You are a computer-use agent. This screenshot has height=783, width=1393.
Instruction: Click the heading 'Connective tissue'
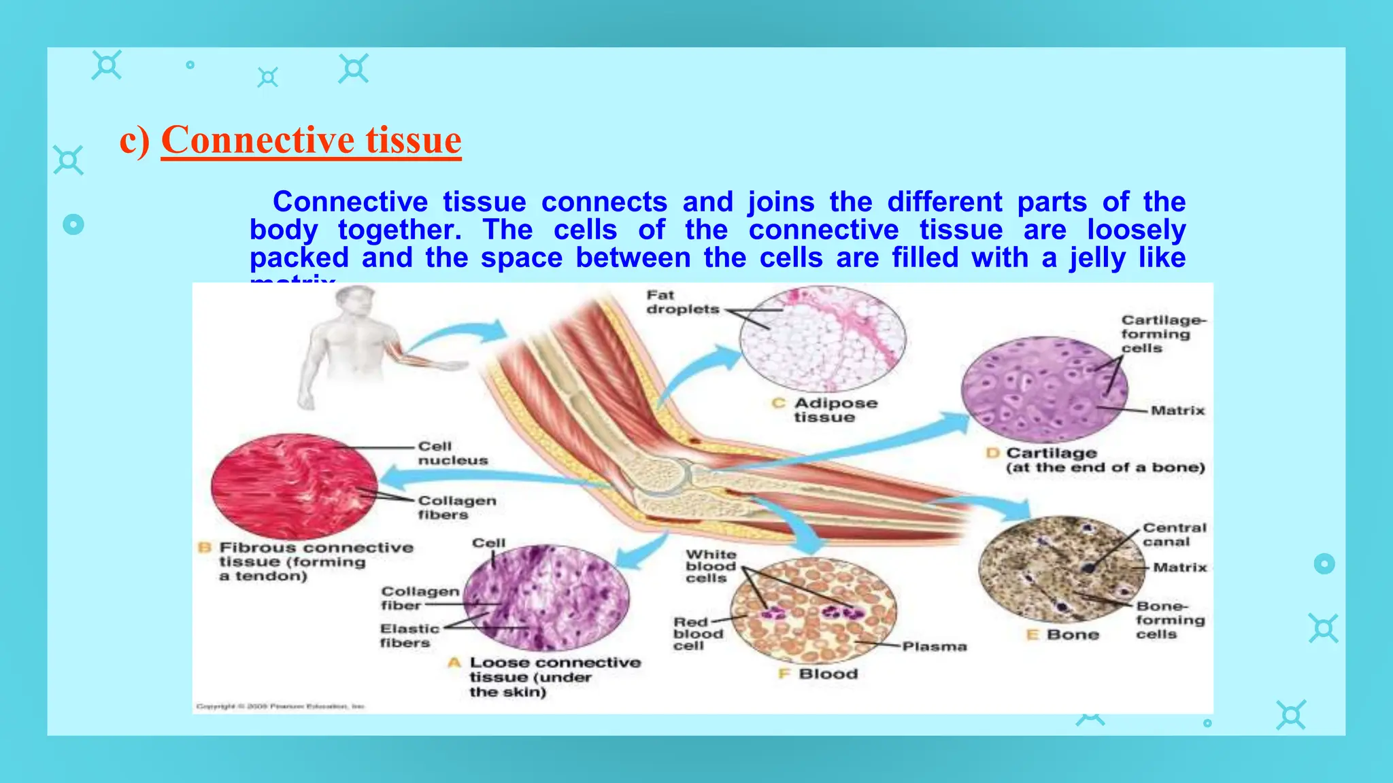point(311,140)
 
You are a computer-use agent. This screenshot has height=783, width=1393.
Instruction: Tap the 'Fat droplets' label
point(682,302)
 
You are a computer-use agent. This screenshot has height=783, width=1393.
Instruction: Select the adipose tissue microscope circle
point(822,338)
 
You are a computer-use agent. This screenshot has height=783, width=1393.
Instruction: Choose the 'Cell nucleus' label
point(452,453)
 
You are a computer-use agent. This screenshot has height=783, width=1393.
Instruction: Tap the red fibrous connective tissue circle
point(294,487)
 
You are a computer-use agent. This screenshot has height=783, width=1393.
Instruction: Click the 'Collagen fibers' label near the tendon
point(456,507)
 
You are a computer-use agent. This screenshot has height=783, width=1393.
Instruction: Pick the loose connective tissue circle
point(546,598)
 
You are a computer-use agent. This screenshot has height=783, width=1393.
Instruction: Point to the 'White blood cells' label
point(710,566)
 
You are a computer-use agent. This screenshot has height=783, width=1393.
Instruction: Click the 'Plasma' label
point(934,646)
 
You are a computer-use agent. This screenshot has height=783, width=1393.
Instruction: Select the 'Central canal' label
point(1174,534)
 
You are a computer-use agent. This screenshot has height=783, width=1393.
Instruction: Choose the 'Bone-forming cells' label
point(1169,620)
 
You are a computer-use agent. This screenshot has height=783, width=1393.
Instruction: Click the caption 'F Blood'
point(819,674)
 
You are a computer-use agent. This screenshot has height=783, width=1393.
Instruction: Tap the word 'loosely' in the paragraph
point(1136,230)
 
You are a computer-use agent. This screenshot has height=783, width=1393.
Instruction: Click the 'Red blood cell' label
point(698,633)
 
